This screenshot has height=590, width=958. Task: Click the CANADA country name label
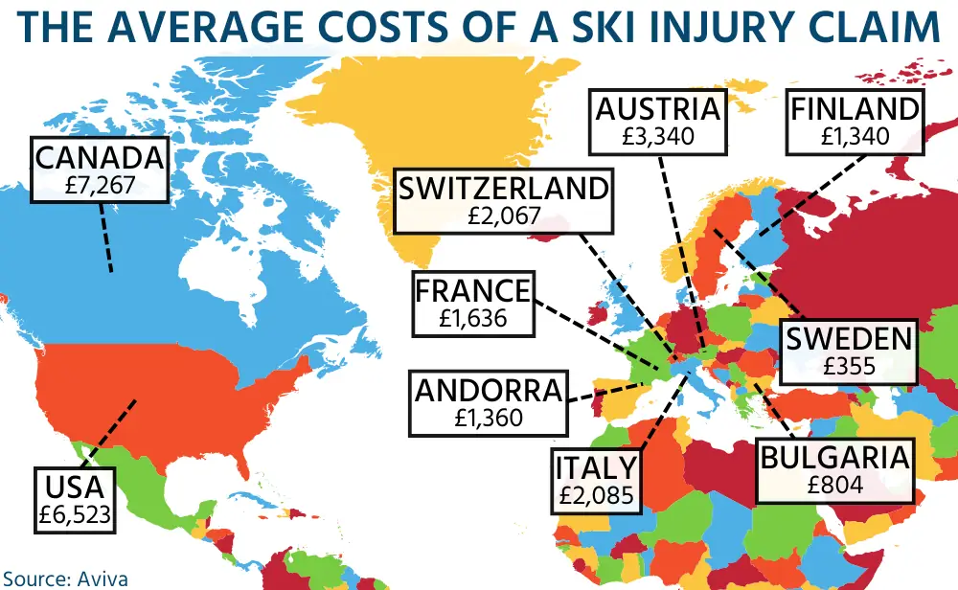point(100,156)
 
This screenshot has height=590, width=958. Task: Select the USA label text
point(77,486)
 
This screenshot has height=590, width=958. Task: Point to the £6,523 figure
point(77,514)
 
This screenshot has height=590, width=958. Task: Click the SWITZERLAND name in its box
point(503,189)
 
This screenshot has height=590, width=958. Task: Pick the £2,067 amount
point(503,216)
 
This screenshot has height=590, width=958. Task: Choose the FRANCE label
point(473,290)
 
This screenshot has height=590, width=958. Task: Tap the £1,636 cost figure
point(473,318)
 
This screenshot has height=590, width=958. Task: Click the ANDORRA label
point(487,391)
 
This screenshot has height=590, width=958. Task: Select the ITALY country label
point(596,468)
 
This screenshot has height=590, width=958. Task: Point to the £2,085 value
point(596,497)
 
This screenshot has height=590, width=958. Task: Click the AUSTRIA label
point(658,109)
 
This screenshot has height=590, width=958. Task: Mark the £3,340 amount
point(658,136)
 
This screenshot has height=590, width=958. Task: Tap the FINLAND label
point(855,109)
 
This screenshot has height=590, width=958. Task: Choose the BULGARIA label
point(833,457)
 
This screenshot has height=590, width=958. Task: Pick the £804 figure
point(833,485)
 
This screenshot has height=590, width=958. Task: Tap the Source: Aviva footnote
point(64,578)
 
